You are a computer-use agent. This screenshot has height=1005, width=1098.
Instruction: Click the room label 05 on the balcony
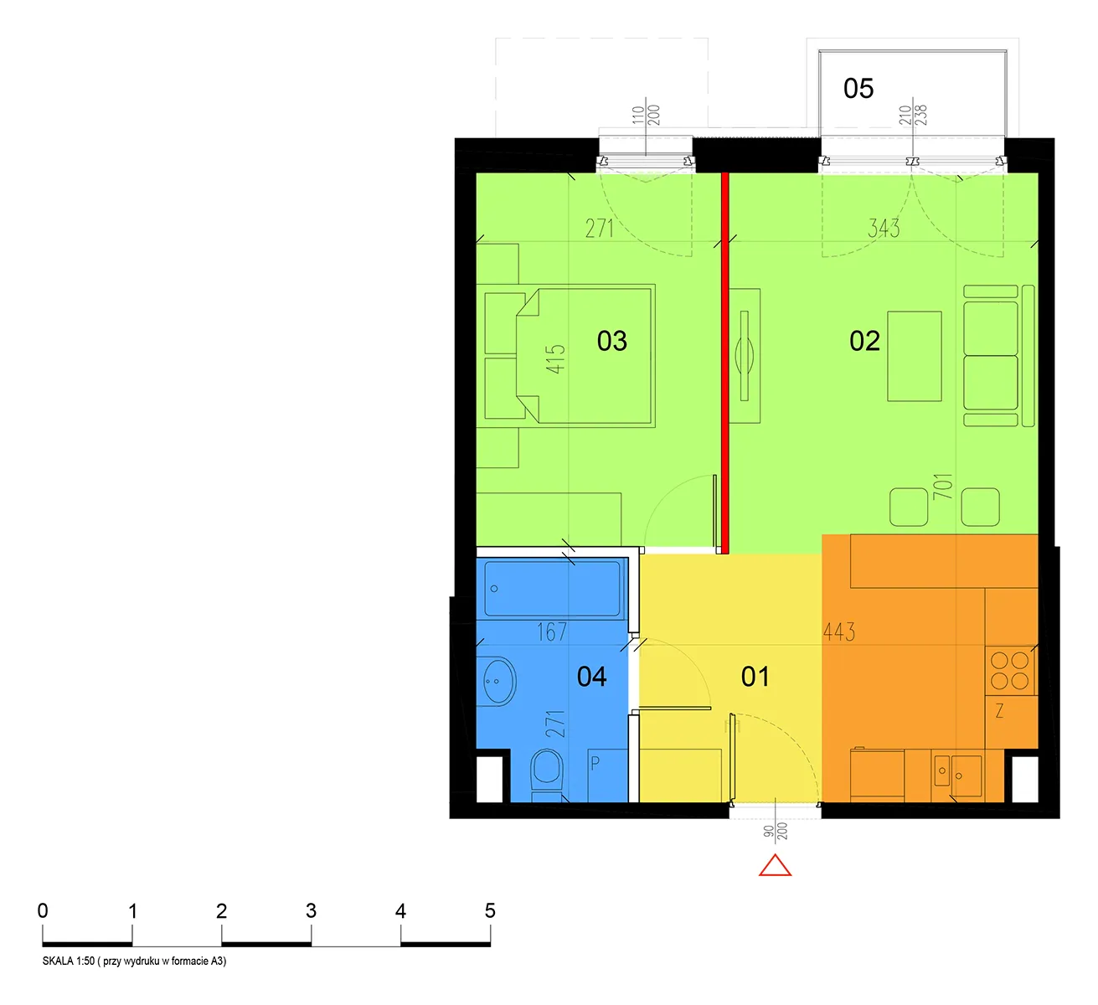tap(858, 89)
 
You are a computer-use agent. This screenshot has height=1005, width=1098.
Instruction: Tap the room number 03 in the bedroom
tap(611, 341)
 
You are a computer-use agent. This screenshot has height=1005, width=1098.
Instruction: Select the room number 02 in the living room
tap(864, 341)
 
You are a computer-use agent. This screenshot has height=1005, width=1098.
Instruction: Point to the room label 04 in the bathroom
tap(591, 677)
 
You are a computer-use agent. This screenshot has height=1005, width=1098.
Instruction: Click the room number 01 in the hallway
tap(755, 677)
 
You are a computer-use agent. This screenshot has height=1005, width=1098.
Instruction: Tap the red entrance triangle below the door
tap(775, 865)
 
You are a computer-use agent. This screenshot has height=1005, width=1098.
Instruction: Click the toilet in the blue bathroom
tap(547, 772)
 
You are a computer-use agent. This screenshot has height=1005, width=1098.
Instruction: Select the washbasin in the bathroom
tap(500, 681)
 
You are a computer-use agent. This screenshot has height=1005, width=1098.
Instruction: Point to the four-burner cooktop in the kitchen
tap(1010, 670)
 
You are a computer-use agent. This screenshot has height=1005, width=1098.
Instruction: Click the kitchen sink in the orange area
tap(957, 775)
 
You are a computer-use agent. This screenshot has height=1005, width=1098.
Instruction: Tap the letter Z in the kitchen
tap(999, 711)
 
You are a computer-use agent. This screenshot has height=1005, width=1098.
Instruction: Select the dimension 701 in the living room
tap(942, 486)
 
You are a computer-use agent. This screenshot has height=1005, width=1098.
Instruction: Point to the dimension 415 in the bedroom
tap(555, 359)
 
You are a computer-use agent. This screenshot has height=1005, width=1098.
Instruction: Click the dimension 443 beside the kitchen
tap(838, 631)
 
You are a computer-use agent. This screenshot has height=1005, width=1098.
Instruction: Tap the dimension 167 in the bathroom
tap(552, 631)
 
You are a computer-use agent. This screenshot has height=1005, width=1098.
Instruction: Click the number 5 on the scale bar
tap(490, 910)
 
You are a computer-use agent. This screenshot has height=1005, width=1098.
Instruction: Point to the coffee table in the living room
tap(914, 356)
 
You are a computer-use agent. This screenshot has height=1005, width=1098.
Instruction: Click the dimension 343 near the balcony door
tap(884, 229)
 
